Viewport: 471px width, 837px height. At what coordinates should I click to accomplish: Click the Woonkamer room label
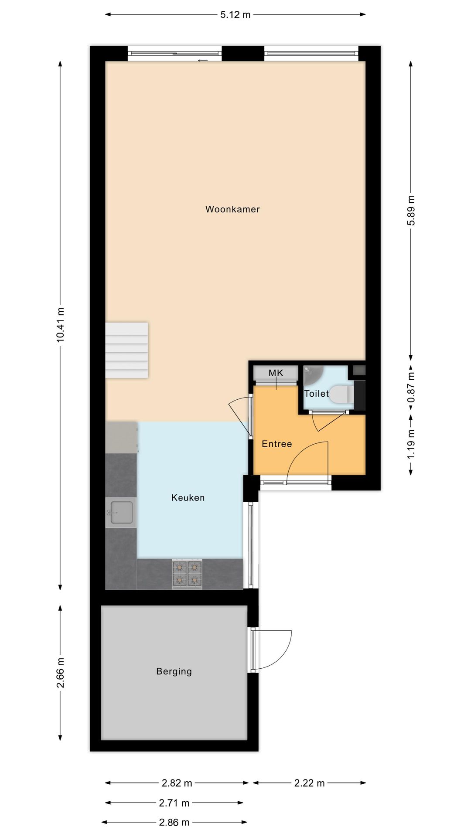(x=232, y=209)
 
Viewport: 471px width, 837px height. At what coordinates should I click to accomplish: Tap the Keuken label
(x=188, y=497)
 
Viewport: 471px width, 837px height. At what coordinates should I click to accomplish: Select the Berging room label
(x=174, y=671)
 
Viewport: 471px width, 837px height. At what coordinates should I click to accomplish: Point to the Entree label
(x=277, y=444)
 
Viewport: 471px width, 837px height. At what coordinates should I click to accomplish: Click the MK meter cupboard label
(x=276, y=373)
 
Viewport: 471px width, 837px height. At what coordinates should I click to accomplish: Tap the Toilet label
(x=317, y=394)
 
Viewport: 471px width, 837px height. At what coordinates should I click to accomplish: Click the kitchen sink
(x=121, y=513)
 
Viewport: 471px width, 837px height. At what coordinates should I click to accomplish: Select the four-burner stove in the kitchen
(x=187, y=574)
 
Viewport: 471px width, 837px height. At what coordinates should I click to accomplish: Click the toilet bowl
(x=341, y=394)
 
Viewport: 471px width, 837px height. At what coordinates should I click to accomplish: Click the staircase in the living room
(x=127, y=350)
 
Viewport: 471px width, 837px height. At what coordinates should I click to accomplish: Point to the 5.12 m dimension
(x=235, y=15)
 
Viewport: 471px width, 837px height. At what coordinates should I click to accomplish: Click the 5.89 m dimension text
(x=411, y=211)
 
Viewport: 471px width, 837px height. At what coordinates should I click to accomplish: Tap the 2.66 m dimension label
(x=61, y=673)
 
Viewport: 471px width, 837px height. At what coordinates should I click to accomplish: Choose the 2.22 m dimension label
(x=310, y=783)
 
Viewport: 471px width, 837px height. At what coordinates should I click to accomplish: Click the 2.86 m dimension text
(x=174, y=822)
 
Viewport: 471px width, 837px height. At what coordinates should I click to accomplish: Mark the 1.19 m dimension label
(x=411, y=445)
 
